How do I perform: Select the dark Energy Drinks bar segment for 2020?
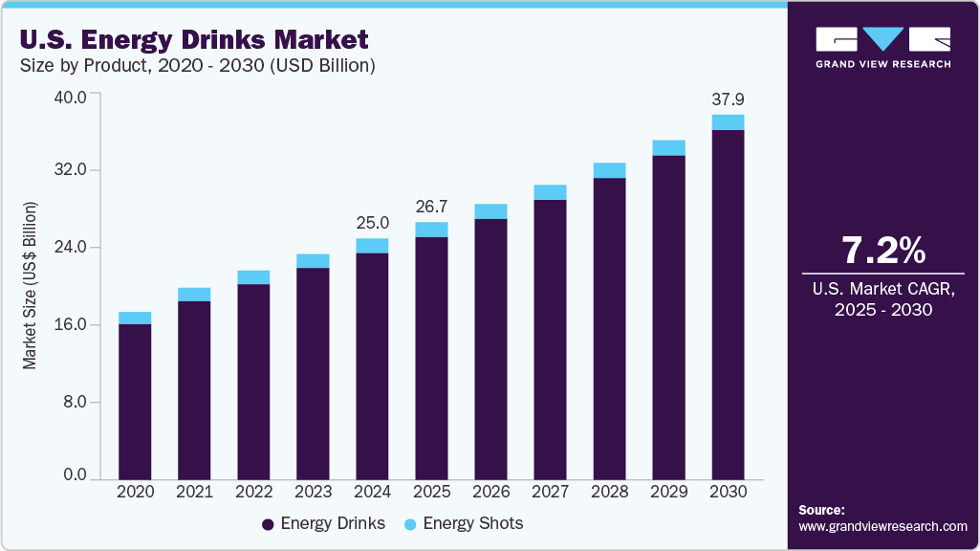pos(135,401)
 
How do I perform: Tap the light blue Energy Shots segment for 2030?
pos(729,121)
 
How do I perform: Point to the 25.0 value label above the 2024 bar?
pos(372,223)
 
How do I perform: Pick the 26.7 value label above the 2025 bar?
pos(431,208)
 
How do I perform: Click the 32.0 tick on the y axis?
pos(69,170)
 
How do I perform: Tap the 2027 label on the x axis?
pos(551,491)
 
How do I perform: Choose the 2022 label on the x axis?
pos(253,491)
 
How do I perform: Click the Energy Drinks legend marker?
pos(269,524)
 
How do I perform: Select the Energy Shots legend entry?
pos(464,523)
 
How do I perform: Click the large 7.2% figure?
pos(882,250)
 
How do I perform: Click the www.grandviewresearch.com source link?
pos(882,526)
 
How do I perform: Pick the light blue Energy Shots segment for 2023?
pos(313,260)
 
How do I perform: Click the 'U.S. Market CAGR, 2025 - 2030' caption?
pos(882,298)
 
